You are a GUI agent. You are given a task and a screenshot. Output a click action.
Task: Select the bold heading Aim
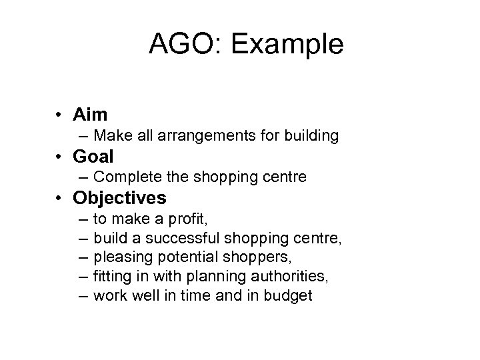[91, 115]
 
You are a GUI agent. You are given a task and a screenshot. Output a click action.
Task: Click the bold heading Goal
[94, 157]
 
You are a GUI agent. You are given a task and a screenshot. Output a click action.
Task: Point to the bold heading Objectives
[120, 199]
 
